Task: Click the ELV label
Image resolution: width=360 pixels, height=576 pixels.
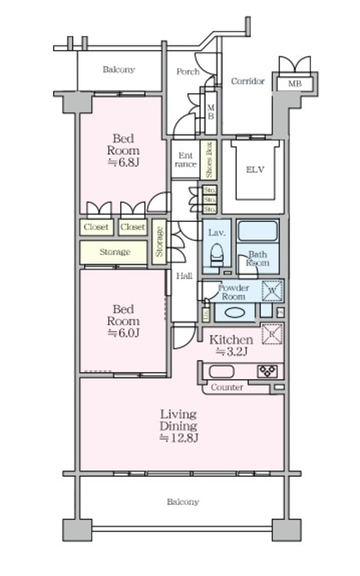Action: click(254, 170)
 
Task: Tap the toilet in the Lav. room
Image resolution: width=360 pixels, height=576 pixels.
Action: click(216, 253)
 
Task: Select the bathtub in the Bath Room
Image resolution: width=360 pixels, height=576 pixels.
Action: click(258, 231)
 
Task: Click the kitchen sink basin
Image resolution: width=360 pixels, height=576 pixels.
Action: click(223, 372)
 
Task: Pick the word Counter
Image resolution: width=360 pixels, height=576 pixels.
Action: click(227, 388)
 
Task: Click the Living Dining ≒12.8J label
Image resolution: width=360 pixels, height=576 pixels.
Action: click(179, 426)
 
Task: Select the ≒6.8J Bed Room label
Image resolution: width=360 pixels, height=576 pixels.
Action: click(123, 151)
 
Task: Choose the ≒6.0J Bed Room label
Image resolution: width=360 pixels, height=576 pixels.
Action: click(123, 321)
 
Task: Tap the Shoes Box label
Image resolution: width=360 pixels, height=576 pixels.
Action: click(207, 160)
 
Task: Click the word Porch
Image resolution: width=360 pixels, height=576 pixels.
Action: click(187, 72)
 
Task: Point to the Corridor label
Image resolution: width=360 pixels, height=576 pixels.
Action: click(248, 81)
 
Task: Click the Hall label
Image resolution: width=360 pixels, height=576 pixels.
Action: click(183, 276)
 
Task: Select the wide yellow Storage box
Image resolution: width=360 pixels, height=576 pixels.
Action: click(114, 252)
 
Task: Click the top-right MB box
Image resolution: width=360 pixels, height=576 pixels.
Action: click(295, 83)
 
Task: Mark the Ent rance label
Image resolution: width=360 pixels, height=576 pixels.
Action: click(185, 159)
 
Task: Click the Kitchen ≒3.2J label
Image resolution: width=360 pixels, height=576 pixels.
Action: click(231, 346)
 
